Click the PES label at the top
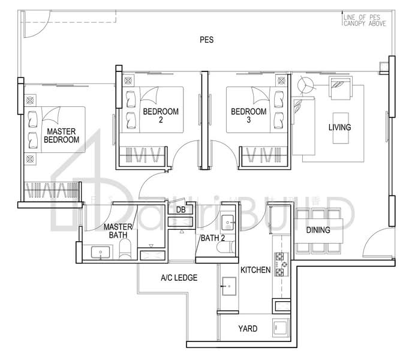coord(207,40)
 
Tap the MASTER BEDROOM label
coord(62,135)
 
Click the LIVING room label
coord(339,127)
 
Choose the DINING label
coord(318,230)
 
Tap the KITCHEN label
coord(255,271)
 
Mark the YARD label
coord(248,329)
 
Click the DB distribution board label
coord(180,209)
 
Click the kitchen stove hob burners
coord(280,264)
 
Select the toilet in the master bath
coord(125,251)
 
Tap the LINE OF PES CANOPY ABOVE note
coord(364,21)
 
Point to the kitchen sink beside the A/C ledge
coord(228,287)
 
